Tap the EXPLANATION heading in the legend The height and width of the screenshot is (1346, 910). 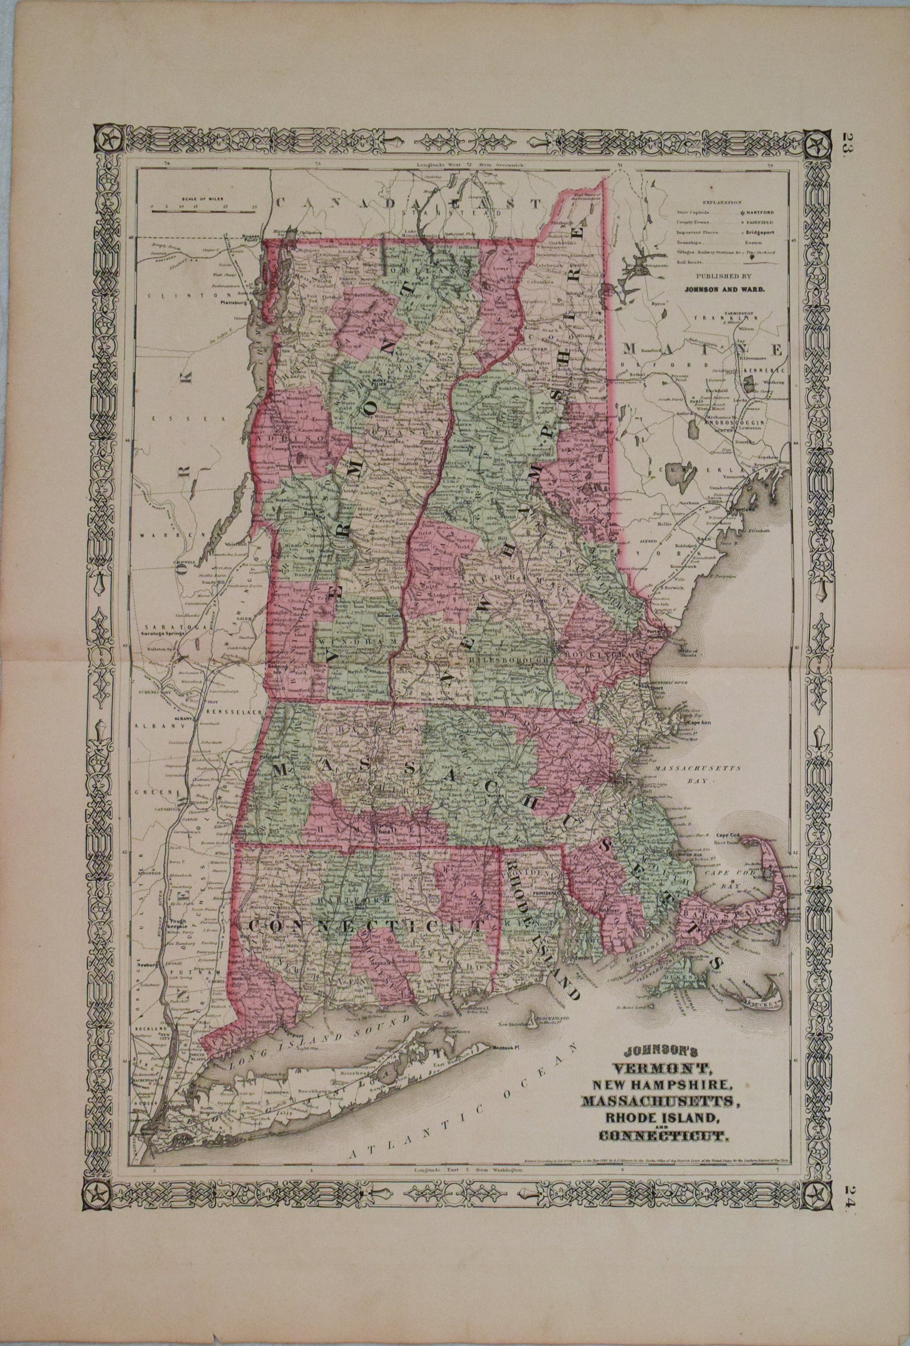(x=722, y=203)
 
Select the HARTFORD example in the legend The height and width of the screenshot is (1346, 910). (x=759, y=213)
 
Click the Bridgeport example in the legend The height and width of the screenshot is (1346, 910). (x=760, y=232)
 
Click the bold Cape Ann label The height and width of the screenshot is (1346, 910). (x=697, y=723)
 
